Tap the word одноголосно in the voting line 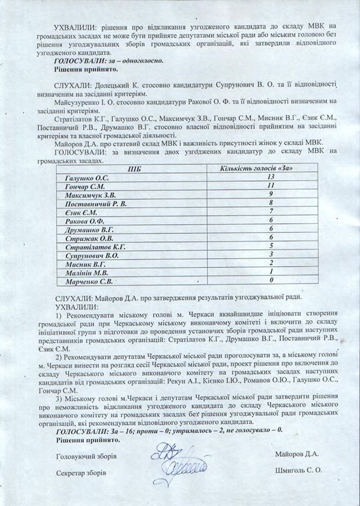[x=143, y=60]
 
